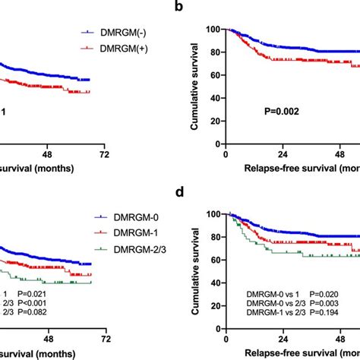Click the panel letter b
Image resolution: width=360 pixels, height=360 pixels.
pyautogui.click(x=199, y=8)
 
